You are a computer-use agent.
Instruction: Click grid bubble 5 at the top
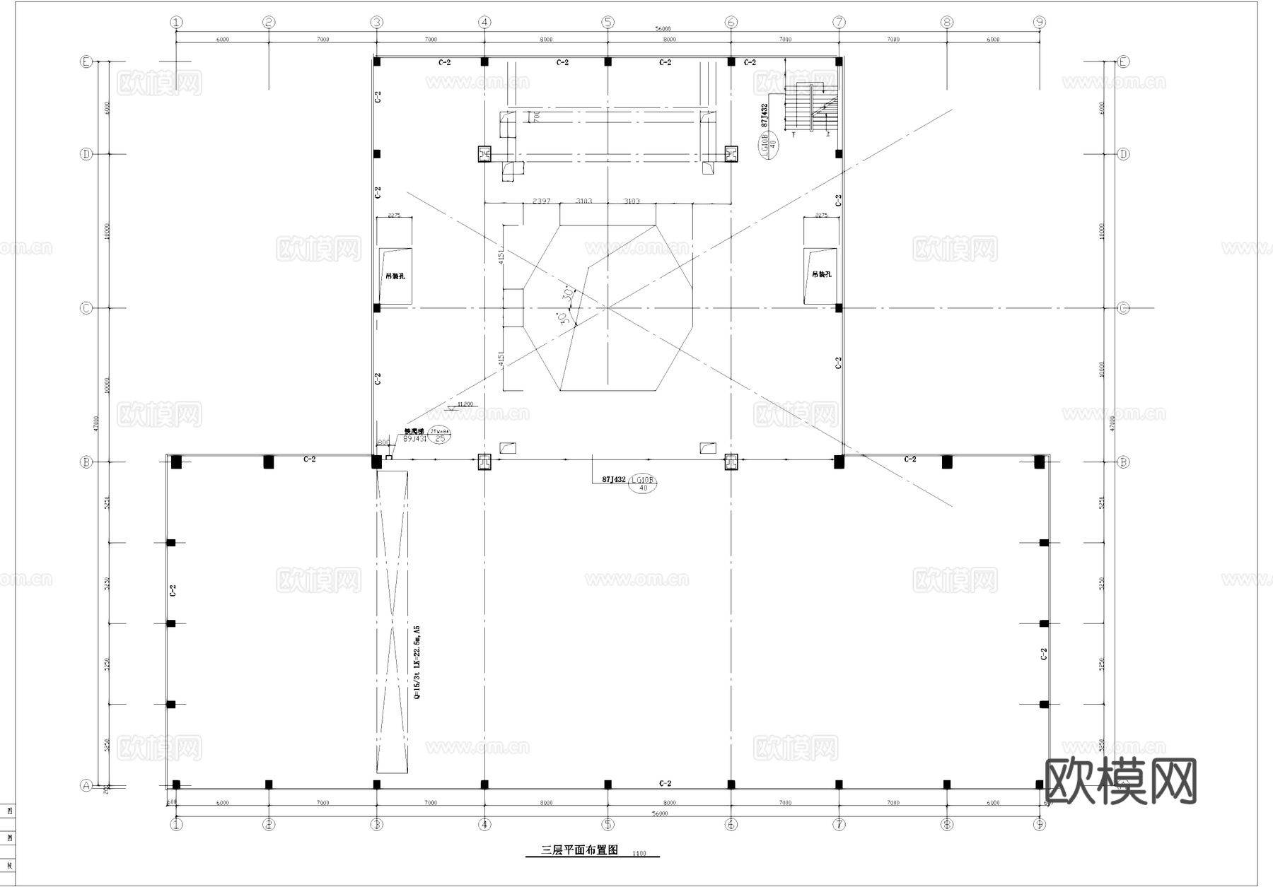608,23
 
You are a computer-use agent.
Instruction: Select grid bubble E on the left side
86,62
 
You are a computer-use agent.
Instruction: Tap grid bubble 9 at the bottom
1039,824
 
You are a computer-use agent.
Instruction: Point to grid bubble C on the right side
1123,308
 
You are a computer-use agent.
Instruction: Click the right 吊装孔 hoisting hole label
821,274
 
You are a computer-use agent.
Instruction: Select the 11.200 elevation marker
464,405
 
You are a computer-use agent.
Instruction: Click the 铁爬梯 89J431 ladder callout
415,435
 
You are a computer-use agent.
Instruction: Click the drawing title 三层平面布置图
580,850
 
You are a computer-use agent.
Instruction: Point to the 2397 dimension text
541,201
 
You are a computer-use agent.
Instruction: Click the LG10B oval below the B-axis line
643,483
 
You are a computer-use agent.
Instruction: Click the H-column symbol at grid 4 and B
484,462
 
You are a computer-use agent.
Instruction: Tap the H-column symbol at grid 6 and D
731,153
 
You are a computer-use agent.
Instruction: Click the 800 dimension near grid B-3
383,443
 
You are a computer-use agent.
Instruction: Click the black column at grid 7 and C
839,308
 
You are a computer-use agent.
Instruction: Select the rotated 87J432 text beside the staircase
764,115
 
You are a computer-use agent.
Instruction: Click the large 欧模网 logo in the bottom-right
1120,781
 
